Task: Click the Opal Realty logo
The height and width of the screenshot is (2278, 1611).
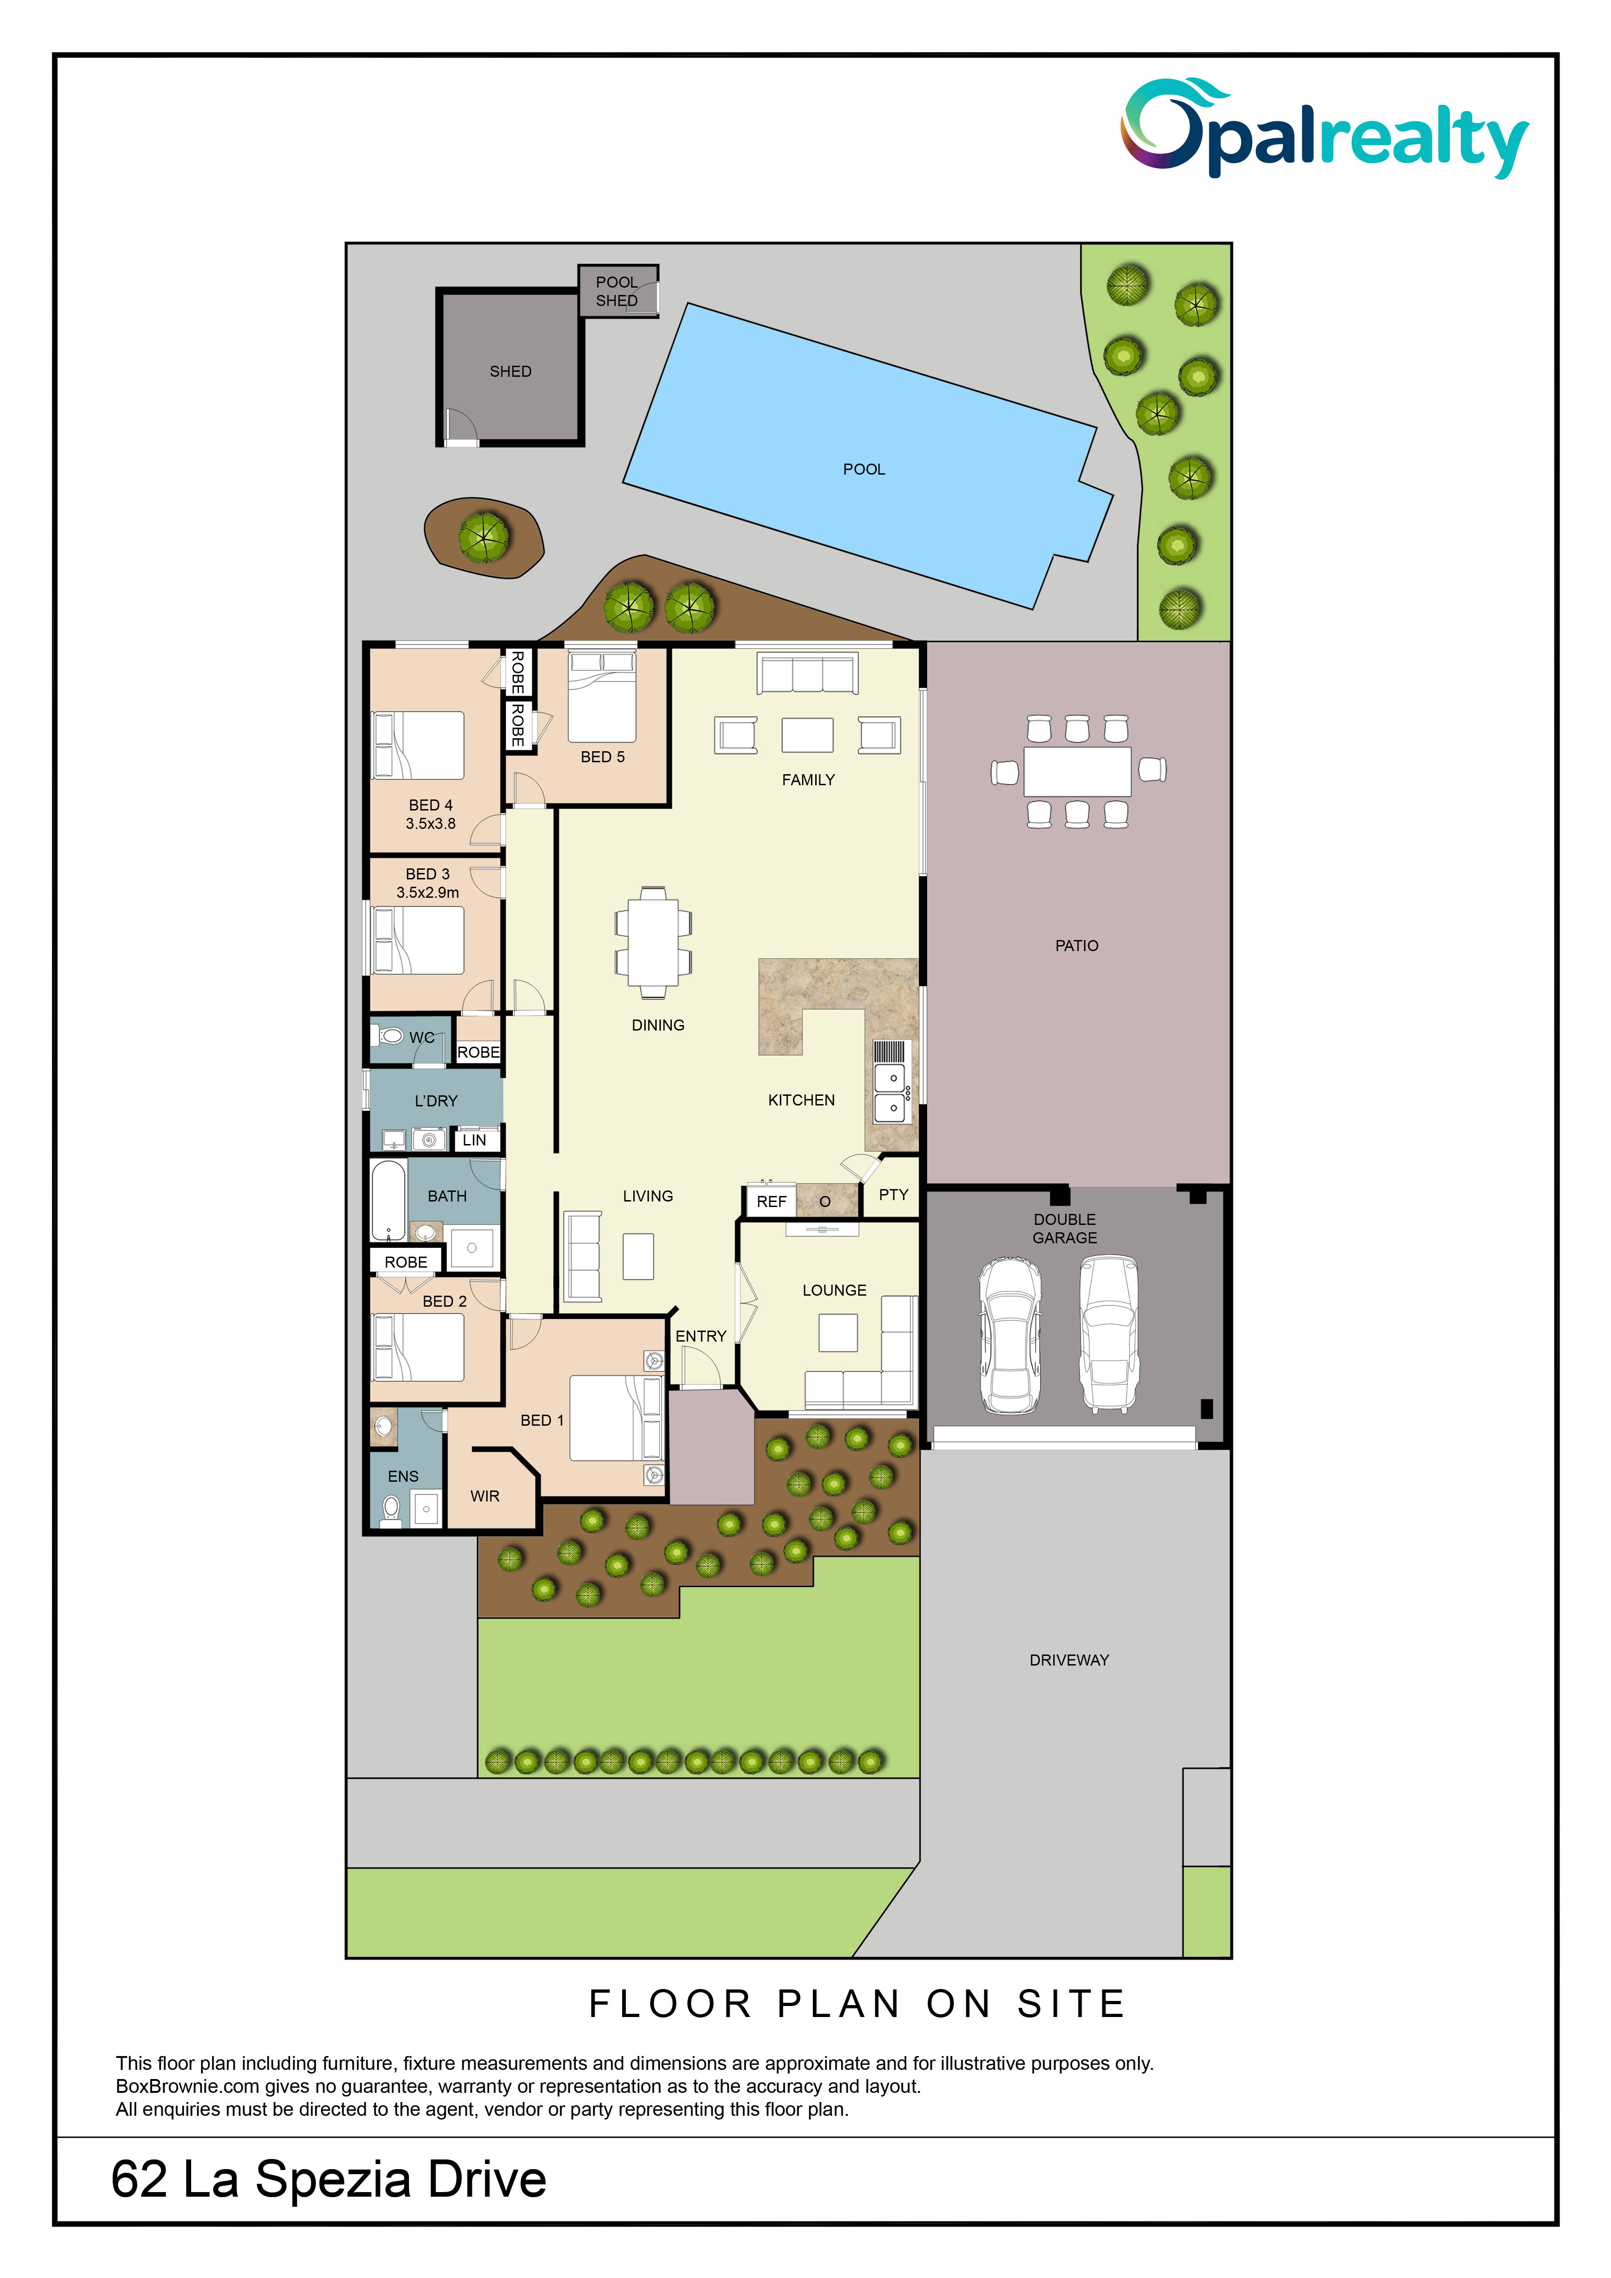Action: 1324,129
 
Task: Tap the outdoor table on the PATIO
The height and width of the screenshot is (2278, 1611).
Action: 1078,771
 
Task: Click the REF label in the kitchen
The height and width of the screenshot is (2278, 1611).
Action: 772,1201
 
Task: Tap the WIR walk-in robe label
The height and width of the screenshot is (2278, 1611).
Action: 485,1496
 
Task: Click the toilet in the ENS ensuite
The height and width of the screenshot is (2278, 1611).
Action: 391,1509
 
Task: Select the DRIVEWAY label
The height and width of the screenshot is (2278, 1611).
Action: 1069,1660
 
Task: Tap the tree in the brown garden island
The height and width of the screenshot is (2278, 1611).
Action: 484,537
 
